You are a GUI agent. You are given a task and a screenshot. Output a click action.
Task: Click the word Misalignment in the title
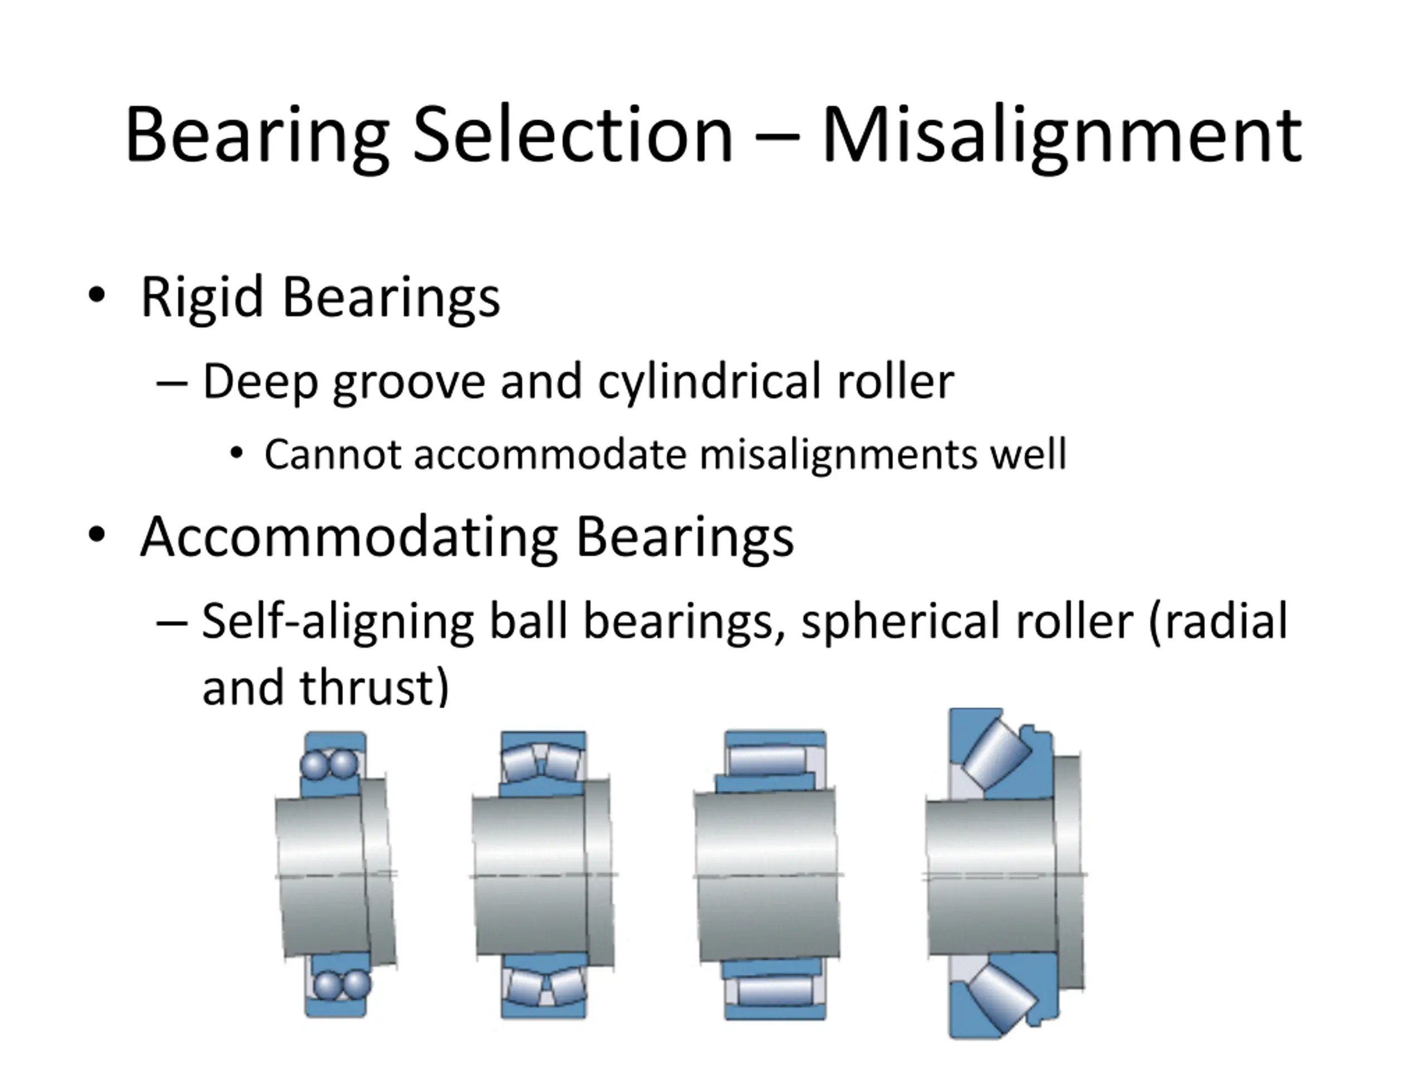[x=1061, y=135]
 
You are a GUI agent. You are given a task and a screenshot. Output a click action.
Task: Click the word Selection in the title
[x=573, y=135]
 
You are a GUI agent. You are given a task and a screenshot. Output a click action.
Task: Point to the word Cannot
[x=333, y=455]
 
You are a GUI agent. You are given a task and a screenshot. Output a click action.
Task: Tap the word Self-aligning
[x=337, y=622]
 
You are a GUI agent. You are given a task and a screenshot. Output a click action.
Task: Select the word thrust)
[x=374, y=688]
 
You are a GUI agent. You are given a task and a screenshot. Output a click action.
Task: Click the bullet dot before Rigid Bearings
[x=97, y=295]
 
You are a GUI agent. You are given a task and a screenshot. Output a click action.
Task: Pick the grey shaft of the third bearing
[x=767, y=877]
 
